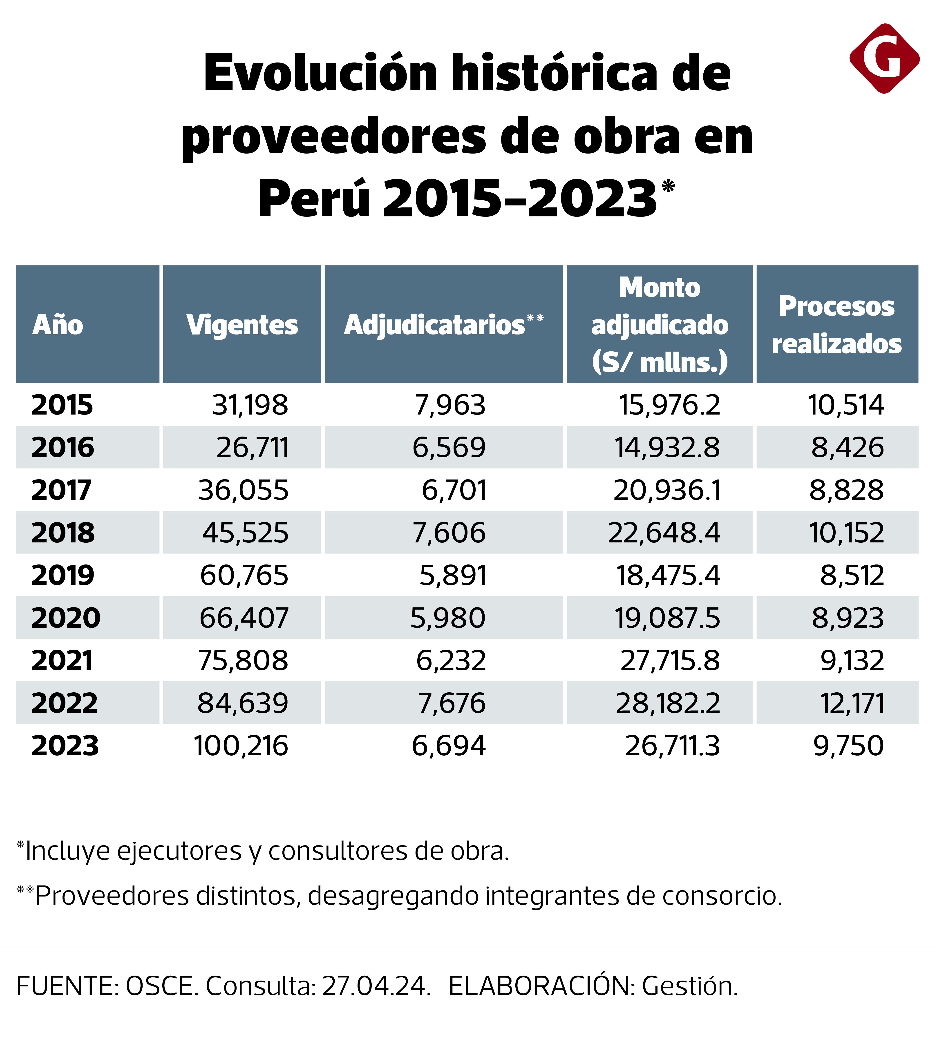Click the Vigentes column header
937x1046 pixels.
click(242, 325)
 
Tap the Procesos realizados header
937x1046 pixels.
click(837, 325)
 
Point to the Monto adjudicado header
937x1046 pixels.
click(660, 325)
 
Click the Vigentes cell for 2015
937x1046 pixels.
click(250, 405)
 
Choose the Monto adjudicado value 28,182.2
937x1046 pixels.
click(668, 703)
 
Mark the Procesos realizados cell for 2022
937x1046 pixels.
click(852, 703)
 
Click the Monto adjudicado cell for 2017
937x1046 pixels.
click(667, 490)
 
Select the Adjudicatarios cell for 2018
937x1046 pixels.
click(449, 533)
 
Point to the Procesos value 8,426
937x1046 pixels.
click(848, 447)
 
